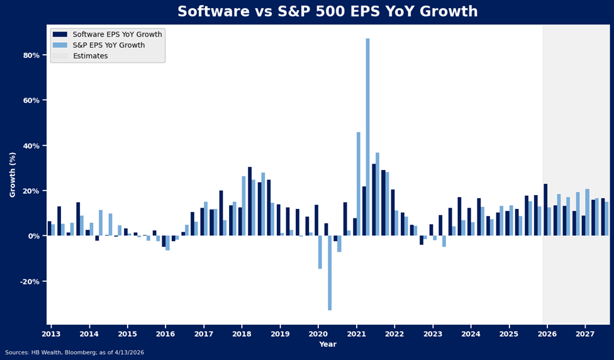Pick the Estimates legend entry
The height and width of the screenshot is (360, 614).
90,56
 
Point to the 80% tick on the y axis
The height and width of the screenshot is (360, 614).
31,55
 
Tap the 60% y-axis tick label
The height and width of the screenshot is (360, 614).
31,101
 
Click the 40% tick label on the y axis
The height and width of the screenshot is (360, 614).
31,146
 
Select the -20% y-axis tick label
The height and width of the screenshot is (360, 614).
30,281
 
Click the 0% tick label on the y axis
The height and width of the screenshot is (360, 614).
34,236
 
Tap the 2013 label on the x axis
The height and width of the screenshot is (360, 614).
51,334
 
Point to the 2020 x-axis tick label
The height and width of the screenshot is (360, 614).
318,334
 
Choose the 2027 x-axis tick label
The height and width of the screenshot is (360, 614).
585,334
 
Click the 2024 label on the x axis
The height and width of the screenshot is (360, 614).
471,334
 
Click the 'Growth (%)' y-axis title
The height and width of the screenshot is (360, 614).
13,174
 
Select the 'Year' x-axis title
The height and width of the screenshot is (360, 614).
327,344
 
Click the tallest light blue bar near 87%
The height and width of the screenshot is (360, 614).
368,137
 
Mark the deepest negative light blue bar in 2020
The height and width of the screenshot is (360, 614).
330,273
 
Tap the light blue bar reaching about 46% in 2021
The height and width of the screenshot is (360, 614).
359,184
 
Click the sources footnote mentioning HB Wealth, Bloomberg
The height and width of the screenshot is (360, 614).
74,352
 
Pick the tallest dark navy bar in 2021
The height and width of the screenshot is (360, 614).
374,200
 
